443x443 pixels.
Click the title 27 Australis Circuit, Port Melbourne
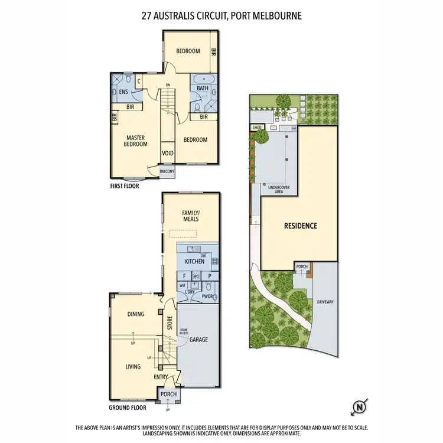221,16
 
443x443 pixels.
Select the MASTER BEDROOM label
135,141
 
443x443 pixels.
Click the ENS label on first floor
123,92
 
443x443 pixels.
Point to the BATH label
203,89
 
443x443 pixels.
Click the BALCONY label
167,172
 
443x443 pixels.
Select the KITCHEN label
194,261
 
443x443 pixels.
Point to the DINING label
135,314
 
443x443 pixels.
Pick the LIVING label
133,366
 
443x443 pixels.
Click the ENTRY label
161,377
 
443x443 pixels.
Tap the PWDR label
207,297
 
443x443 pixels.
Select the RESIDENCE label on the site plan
301,226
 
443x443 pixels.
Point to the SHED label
256,127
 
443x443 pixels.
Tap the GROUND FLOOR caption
128,408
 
